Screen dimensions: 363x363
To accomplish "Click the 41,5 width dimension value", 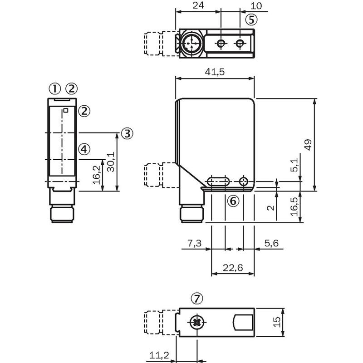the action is [215, 72].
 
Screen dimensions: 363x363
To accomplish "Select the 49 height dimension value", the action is [309, 145].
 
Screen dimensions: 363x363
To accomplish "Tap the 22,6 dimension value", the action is [233, 268].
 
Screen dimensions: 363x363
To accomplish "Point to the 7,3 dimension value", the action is [195, 243].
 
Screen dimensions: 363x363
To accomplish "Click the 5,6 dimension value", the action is [271, 243].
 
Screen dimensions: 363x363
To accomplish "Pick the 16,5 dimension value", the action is [294, 206].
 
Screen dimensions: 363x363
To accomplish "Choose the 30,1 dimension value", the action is [111, 162].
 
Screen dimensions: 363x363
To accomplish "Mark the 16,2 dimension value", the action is [97, 175].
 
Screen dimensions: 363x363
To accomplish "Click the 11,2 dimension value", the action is [159, 355].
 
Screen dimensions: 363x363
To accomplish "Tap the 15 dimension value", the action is [277, 322].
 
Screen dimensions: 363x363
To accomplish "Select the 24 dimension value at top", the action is [198, 5].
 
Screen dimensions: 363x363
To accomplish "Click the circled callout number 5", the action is [251, 20].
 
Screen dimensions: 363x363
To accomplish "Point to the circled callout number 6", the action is [233, 201].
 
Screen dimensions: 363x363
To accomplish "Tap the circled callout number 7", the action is [197, 299].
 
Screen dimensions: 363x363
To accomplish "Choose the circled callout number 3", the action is [127, 133].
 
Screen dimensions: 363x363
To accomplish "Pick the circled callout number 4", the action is [84, 149].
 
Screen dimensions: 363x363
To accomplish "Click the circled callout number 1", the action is [54, 88].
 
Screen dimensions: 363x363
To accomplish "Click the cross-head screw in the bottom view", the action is [197, 322].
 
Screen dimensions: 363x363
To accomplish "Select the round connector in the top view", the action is [191, 43].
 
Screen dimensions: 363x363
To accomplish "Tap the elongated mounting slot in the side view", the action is [218, 181].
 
